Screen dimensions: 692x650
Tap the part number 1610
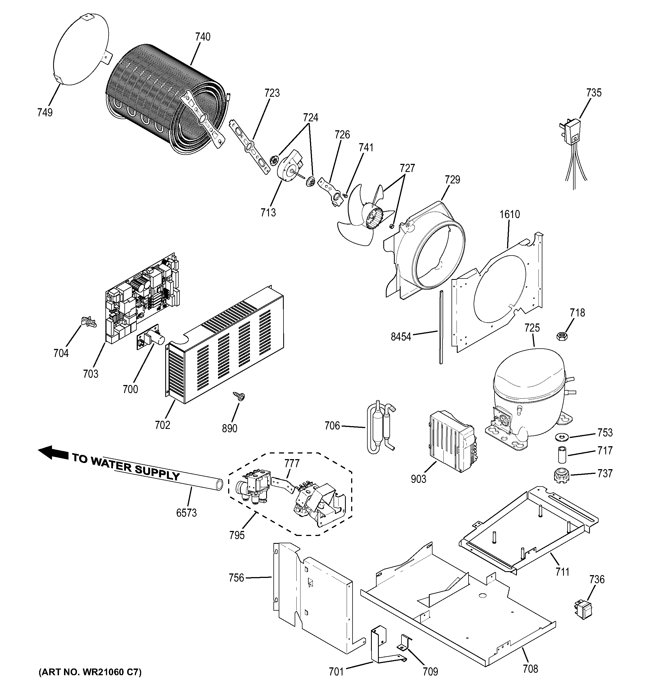pos(510,214)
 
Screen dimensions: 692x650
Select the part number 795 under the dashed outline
pos(237,535)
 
